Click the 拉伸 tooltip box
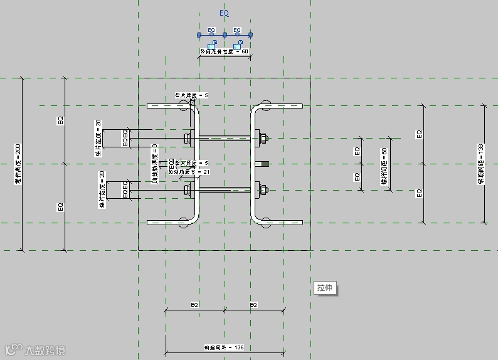coord(325,289)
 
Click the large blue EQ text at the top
coord(225,13)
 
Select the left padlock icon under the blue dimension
coord(211,45)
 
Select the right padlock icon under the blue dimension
coord(238,45)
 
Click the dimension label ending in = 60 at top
coord(224,51)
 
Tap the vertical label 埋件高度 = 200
coord(18,164)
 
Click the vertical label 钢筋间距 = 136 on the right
coord(481,164)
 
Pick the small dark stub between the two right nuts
coord(263,164)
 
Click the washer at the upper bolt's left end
coord(186,137)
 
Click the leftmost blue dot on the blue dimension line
coord(199,34)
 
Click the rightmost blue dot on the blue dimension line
coord(250,34)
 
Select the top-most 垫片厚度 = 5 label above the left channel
coord(191,95)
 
